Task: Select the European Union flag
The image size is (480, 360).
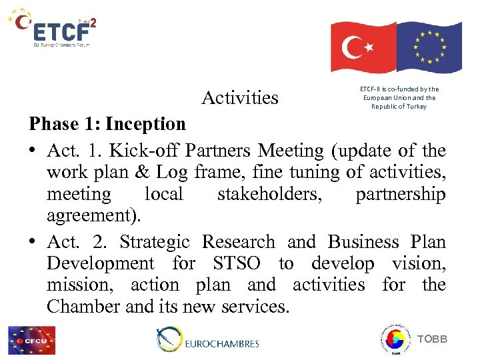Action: coord(428,46)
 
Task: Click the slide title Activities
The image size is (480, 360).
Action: coord(240,98)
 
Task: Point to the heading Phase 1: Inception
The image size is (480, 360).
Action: coord(107,124)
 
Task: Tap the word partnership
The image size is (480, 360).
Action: coord(400,194)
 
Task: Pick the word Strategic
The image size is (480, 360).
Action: coord(155,241)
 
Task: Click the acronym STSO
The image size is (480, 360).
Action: coord(237,263)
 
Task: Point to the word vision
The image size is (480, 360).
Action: coord(419,263)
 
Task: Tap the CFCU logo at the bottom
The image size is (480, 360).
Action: coord(31,340)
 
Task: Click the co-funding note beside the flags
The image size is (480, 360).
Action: coord(399,97)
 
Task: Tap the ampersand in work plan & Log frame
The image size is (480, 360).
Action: coord(142,172)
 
